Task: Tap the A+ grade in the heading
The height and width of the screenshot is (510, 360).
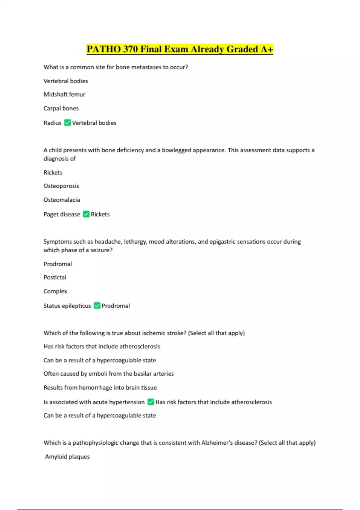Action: coord(267,49)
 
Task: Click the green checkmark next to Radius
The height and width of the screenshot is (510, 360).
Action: coord(67,123)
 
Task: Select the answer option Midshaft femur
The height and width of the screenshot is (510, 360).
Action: coord(64,94)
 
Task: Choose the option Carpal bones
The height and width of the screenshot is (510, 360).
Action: coord(61,108)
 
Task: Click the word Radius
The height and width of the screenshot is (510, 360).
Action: coord(52,123)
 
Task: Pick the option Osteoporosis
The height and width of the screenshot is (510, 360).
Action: coord(61,186)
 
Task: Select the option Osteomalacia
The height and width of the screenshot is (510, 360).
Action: coord(62,200)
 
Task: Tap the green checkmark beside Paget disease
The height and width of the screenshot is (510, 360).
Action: coord(86,214)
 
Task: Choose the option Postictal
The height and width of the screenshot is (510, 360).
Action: coord(55,277)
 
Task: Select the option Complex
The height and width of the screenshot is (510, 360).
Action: coord(55,291)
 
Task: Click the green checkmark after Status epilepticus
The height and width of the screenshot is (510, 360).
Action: coord(97,306)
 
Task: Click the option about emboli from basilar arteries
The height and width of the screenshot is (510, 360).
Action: coord(109,374)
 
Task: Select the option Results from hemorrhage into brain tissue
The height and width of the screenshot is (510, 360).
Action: coord(100,388)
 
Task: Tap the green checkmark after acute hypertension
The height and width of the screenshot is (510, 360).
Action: coord(151,402)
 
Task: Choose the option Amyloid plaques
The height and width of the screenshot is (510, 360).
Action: coord(67,457)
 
